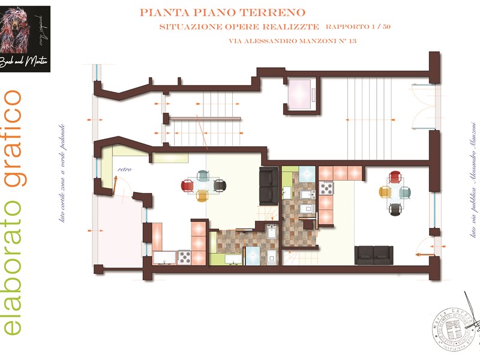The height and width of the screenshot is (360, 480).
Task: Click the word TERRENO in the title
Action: [275, 12]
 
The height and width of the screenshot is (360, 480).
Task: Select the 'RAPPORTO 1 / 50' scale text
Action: [358, 27]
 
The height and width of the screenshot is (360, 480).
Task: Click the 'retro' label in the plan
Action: [124, 169]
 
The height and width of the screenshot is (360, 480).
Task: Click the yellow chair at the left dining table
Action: [202, 196]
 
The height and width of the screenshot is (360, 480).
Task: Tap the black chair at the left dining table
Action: [219, 185]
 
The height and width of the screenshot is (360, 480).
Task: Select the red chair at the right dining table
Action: [395, 176]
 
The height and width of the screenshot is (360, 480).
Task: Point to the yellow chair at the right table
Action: [385, 193]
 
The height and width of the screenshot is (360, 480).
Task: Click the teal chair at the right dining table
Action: [406, 193]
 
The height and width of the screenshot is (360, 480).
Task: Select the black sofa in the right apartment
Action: [374, 254]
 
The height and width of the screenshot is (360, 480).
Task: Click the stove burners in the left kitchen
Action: [184, 257]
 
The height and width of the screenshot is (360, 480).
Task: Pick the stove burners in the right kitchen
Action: [327, 188]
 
